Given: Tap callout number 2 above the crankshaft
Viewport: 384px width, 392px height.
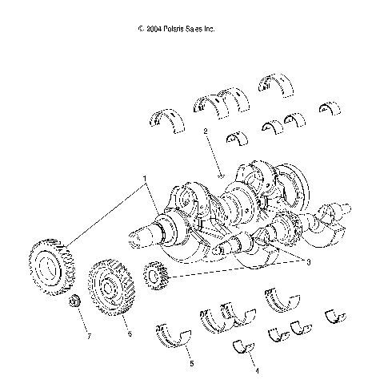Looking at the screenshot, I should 206,131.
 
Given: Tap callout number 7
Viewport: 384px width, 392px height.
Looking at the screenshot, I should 89,336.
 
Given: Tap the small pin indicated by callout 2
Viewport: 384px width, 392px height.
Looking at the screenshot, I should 219,168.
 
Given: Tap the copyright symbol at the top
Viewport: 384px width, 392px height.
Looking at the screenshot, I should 140,29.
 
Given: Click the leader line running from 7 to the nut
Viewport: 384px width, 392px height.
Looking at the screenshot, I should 82,320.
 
